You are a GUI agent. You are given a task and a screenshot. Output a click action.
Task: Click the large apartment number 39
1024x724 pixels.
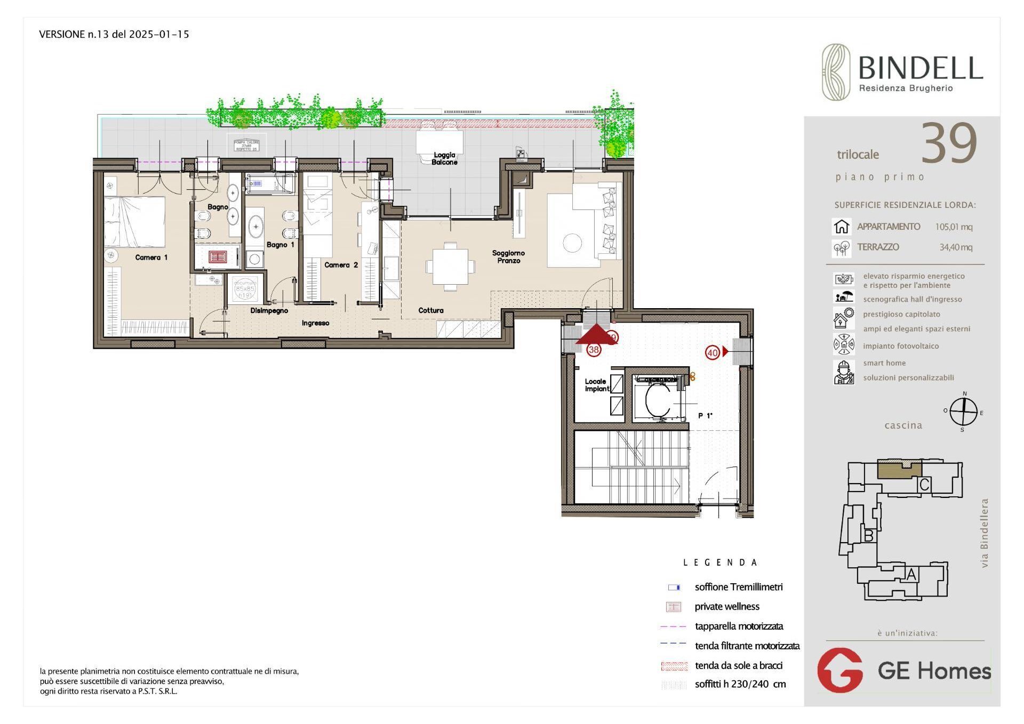[x=949, y=144]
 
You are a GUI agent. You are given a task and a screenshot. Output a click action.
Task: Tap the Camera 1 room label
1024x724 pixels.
[x=151, y=258]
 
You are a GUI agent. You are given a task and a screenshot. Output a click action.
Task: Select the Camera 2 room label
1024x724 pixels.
[x=341, y=265]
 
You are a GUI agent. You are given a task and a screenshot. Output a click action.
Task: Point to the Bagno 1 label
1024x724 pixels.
[x=280, y=245]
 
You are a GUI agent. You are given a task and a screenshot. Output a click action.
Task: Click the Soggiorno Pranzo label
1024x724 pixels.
[x=508, y=257]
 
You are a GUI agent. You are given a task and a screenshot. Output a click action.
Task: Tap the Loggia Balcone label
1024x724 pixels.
[x=444, y=158]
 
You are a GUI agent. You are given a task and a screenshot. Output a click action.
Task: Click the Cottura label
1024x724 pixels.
[x=430, y=310]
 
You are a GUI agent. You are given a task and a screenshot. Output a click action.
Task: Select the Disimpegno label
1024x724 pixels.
[x=269, y=310]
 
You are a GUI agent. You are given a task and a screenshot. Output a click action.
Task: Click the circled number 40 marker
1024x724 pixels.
[x=713, y=352]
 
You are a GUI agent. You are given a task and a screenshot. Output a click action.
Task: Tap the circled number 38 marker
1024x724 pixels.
[x=594, y=350]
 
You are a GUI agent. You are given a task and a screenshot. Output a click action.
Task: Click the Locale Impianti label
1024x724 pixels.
[x=596, y=385]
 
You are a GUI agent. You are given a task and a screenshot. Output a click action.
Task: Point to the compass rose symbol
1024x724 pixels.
[x=963, y=412]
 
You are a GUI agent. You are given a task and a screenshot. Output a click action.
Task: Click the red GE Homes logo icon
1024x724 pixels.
[x=840, y=670]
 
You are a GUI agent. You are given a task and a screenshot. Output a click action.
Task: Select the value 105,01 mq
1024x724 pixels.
[x=954, y=227]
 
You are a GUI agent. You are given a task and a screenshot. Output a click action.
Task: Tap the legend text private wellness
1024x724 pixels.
[x=726, y=607]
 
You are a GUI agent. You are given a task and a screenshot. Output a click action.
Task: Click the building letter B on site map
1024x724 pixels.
[x=868, y=536]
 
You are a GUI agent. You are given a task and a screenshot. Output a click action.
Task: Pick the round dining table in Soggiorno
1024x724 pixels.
[x=572, y=243]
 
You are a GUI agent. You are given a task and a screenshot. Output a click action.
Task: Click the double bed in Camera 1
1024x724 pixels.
[x=134, y=222]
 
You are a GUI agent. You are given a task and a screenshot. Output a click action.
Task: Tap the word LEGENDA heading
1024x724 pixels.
[x=720, y=562]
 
